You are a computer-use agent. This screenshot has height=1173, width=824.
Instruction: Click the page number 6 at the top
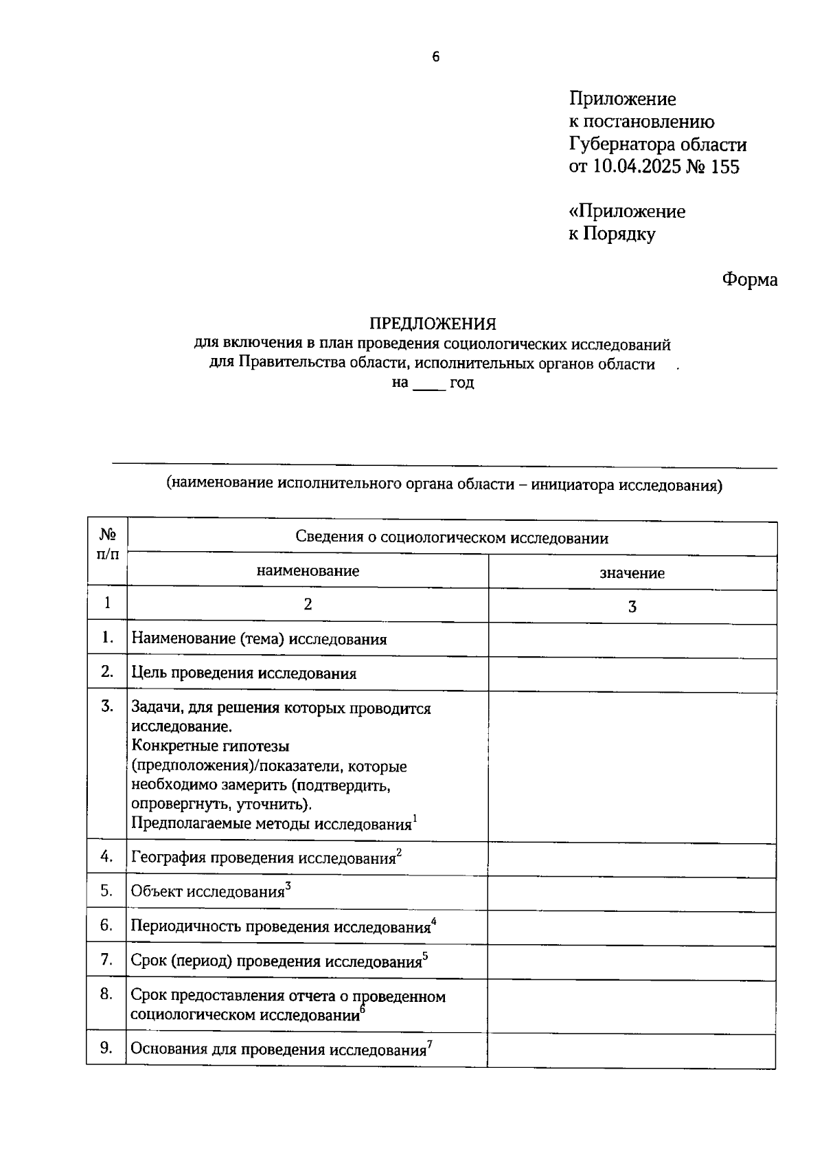tap(435, 57)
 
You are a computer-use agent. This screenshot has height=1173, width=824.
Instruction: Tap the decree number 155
tap(724, 167)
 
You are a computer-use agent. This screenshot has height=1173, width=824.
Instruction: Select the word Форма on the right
tap(749, 280)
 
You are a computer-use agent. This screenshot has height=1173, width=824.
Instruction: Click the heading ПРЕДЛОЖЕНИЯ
tap(433, 324)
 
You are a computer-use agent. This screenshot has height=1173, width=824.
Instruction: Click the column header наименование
tap(308, 571)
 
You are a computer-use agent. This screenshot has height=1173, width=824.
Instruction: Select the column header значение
tap(632, 574)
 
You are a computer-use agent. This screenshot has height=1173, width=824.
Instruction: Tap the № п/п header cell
tap(108, 544)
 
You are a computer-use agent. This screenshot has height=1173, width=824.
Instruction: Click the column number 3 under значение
tap(632, 607)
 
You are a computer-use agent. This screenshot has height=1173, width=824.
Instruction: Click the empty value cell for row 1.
tap(632, 640)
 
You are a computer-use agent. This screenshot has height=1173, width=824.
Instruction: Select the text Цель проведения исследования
tap(244, 674)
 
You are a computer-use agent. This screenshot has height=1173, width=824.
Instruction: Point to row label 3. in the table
tap(107, 706)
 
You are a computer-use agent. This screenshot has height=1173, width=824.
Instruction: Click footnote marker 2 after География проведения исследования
tap(399, 853)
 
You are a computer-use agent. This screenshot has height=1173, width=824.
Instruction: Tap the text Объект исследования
tap(207, 893)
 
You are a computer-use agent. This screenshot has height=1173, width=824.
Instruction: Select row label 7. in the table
tap(106, 959)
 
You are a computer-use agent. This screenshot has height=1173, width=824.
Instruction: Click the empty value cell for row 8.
tap(632, 1005)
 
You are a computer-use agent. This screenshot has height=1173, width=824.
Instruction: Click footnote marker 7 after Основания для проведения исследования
tap(430, 1044)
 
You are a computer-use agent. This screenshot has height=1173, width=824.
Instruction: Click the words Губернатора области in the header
tap(657, 144)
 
